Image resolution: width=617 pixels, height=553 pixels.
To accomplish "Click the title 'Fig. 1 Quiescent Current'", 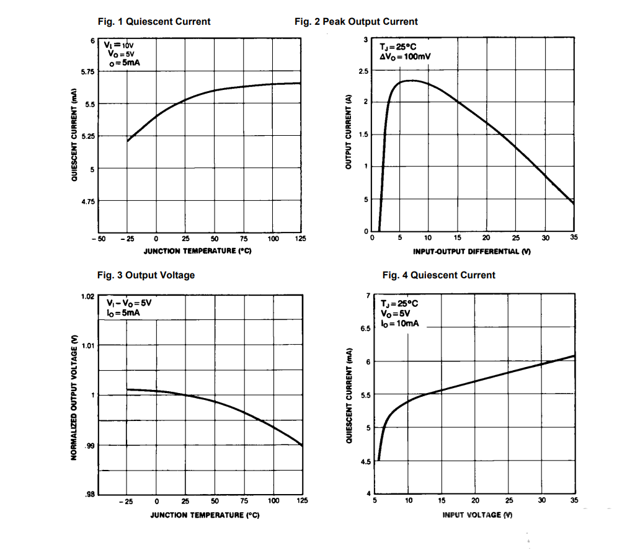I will coord(154,22).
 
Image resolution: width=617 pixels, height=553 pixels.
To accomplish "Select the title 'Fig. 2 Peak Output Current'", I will coord(356,22).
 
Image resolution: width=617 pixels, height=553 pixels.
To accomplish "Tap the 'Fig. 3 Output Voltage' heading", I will coord(146,275).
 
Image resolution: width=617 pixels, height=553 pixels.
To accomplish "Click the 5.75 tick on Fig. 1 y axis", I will coord(87,72).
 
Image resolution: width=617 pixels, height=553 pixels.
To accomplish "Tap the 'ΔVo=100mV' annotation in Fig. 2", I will coord(406,56).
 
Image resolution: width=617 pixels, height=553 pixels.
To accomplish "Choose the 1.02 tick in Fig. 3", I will coord(87,296).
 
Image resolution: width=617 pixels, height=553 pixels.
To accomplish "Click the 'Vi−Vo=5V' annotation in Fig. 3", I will coord(129,303).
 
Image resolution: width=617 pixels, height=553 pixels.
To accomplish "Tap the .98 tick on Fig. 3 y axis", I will coord(89,494).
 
